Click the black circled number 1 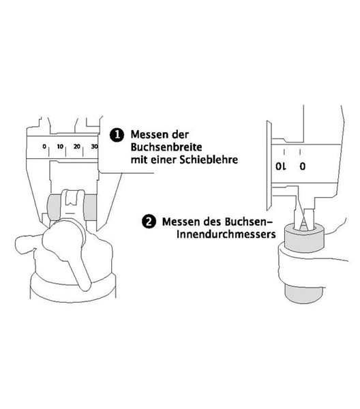pos(117,135)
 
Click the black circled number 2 pos(149,222)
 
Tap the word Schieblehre pos(209,160)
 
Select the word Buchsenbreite pos(166,147)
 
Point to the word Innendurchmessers pos(226,234)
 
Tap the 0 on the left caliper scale pos(44,147)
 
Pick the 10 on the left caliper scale pos(60,147)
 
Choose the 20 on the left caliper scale pos(76,147)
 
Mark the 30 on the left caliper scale pos(95,147)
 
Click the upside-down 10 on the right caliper pos(281,166)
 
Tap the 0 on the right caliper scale pos(302,166)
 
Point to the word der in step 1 pos(180,134)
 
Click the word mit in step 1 pos(138,160)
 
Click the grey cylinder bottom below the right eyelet pos(304,293)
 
